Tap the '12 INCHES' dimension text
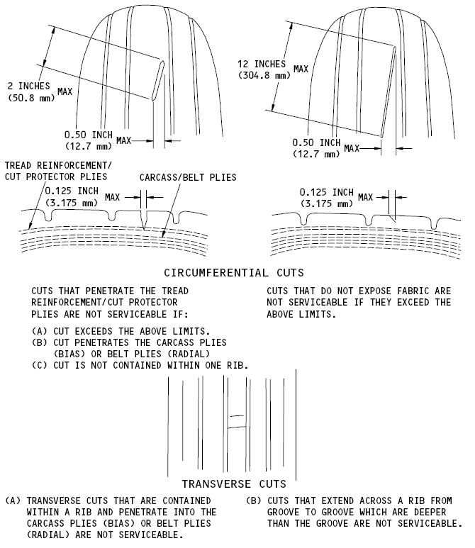coord(262,64)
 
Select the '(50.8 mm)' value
coord(31,97)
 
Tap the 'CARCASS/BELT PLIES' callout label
coord(188,177)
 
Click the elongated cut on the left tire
coord(157,79)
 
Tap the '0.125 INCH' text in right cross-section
coord(327,192)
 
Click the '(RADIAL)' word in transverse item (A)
coord(50,535)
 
